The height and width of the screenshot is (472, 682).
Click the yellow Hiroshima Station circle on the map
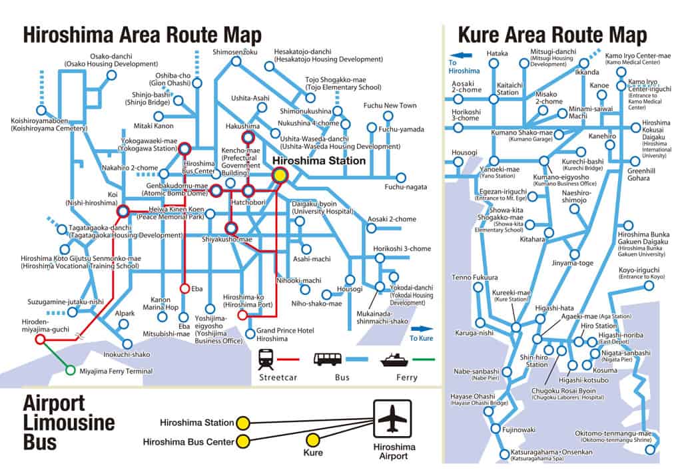pos(280,174)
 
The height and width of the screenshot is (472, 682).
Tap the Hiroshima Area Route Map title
pos(142,35)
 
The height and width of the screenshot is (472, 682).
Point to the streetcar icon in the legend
pos(267,358)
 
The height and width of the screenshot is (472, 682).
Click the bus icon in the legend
pos(328,359)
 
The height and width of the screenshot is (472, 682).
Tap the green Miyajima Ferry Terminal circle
pos(71,370)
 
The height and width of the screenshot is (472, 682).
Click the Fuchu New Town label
pos(390,106)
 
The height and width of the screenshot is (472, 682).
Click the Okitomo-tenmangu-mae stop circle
pos(650,450)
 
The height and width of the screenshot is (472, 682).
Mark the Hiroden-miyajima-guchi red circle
pos(40,339)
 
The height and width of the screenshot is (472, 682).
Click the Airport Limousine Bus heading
pos(69,422)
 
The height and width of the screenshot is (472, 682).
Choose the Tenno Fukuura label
pos(475,277)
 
